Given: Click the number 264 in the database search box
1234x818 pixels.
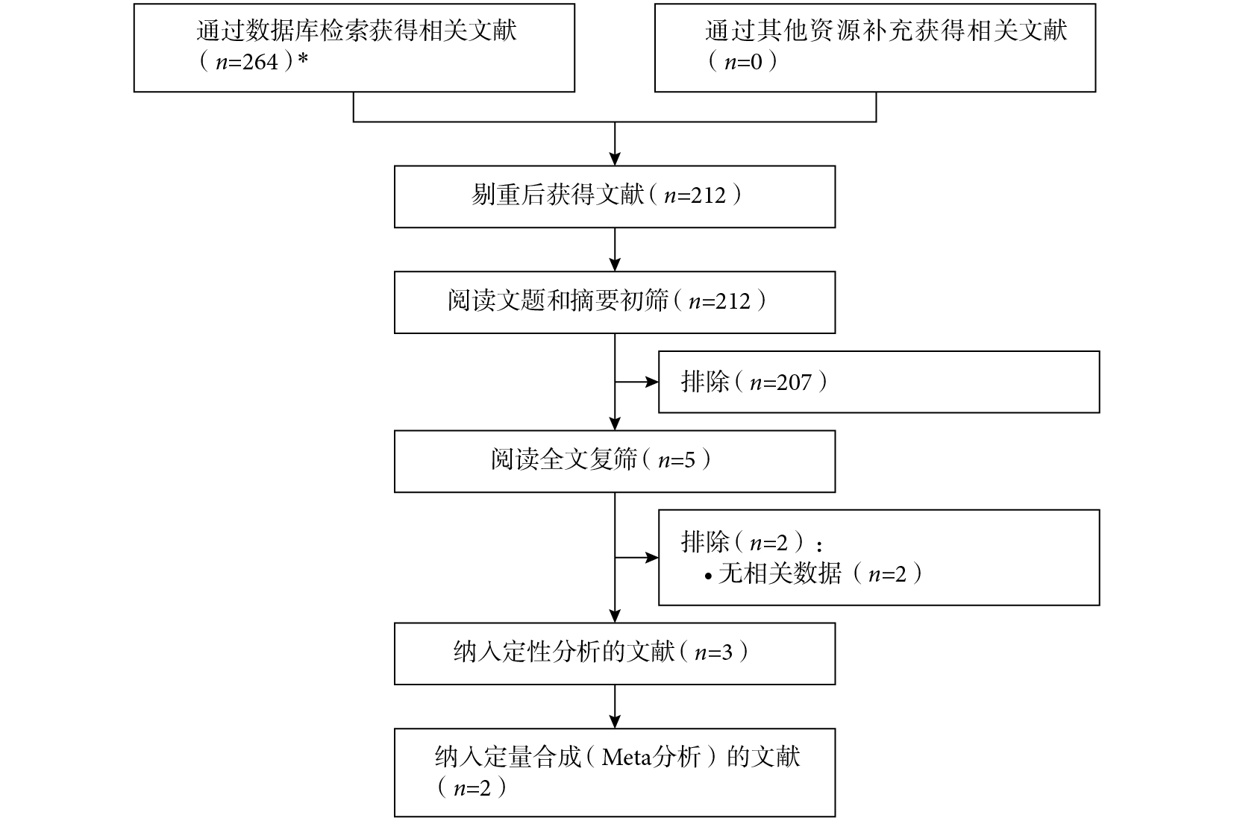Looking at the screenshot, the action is [260, 62].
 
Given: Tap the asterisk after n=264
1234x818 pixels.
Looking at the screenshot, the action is [302, 59].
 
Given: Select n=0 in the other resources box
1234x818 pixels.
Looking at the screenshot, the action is [742, 62].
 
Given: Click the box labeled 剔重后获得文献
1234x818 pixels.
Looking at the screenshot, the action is [615, 197].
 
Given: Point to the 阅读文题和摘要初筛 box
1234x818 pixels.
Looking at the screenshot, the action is [615, 302].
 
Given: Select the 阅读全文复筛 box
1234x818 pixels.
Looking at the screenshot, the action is [615, 462].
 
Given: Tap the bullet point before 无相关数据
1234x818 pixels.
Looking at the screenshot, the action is [709, 576].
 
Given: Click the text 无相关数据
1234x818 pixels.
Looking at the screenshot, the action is [780, 573].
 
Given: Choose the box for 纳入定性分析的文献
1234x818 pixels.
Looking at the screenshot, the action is [615, 653].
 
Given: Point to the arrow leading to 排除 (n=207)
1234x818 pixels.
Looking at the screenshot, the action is [637, 382].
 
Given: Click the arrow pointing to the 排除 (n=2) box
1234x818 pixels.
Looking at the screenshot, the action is [637, 558].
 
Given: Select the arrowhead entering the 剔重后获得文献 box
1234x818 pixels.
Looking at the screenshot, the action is [615, 159].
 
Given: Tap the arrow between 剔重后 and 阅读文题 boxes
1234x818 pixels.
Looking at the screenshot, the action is [615, 249].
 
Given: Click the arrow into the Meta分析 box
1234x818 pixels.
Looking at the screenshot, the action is [615, 707].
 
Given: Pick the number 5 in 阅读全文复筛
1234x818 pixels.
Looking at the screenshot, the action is [689, 460].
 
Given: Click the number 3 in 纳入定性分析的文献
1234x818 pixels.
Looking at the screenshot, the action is [727, 653].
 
